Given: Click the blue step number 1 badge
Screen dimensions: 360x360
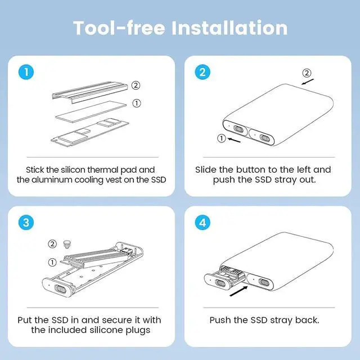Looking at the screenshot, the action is coord(26,72).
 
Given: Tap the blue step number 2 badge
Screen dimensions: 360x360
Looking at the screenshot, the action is coord(202,72).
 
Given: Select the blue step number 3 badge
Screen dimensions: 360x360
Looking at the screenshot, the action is coord(26,223).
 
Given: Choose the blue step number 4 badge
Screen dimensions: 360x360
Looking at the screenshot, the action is coord(202,223).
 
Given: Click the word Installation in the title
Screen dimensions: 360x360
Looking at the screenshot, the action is coord(229,28).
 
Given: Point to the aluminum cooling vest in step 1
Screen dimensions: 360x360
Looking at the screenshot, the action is coord(90,92).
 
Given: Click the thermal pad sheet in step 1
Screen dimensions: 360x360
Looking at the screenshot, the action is coord(91,111).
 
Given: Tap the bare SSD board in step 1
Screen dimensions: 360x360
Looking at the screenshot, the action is coord(90,133).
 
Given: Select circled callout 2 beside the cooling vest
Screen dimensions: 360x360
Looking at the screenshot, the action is coord(136,85).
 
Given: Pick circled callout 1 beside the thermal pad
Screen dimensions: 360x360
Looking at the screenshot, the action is coord(137,103).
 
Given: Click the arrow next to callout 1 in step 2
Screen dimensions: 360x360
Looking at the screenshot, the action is coord(234,140).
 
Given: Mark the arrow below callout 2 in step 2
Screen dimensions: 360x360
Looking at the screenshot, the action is coord(308,82).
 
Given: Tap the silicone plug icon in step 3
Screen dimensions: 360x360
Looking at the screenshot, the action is coord(67,245).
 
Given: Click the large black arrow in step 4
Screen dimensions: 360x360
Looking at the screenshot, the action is coord(238,291).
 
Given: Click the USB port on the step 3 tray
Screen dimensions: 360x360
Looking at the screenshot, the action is coord(60,289).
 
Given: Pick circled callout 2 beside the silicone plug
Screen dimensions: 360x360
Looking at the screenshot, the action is coord(52,244).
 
